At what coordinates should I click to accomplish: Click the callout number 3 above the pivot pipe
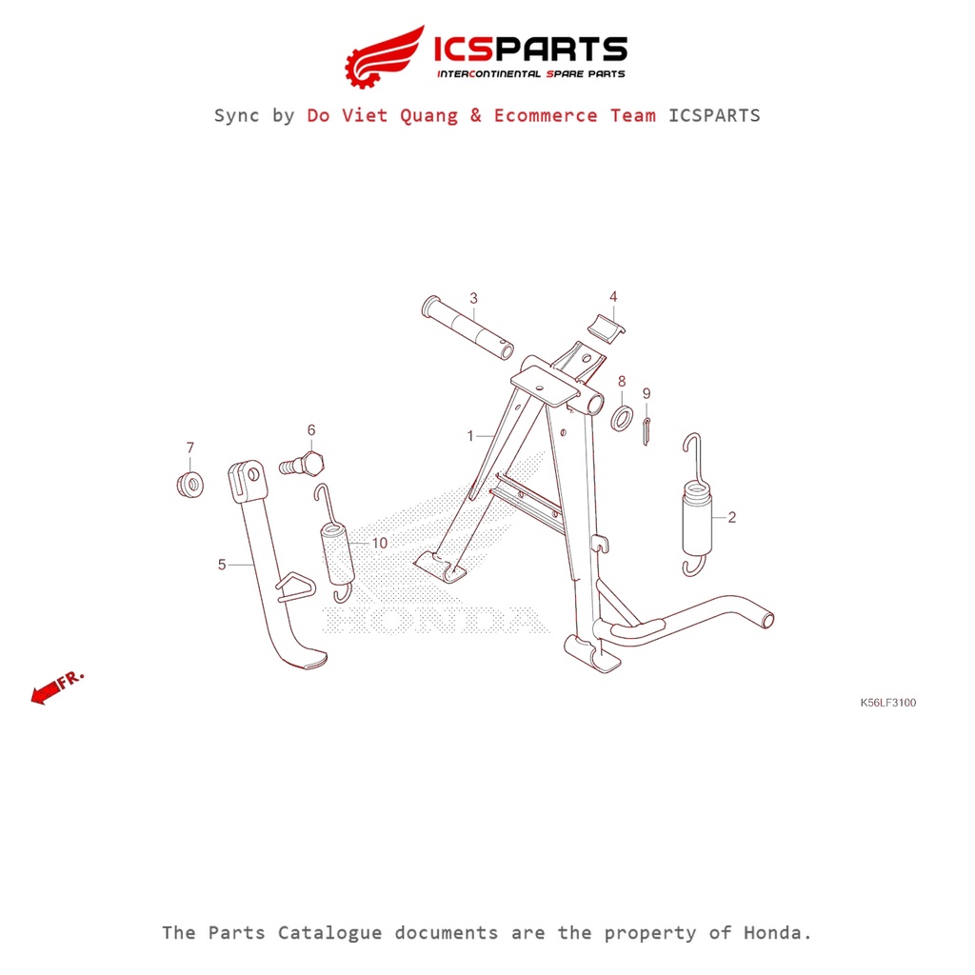coord(474,298)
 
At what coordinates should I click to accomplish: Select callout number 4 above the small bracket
coord(613,297)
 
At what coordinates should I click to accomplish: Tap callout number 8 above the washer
coord(622,381)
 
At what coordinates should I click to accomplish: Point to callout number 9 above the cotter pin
coord(647,393)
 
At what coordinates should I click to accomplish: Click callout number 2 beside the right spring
coord(732,517)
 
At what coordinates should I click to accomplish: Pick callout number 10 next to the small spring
coord(379,544)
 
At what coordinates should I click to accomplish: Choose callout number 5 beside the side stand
coord(222,565)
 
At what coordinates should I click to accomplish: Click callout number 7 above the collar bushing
coord(190,448)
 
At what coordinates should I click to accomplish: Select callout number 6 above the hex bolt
coord(311,430)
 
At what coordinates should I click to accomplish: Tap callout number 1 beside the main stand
coord(470,436)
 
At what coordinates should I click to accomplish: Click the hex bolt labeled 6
coord(302,464)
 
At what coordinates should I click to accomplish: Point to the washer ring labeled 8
coord(622,418)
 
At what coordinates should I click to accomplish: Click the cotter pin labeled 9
coord(647,431)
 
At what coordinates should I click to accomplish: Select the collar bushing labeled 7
coord(190,485)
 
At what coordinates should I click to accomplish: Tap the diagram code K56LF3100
coord(888,703)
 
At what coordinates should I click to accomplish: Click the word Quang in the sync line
coord(428,115)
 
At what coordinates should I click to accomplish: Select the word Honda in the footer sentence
coord(778,933)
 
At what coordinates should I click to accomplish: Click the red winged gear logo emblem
coord(385,57)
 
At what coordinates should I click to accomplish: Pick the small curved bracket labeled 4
coord(607,328)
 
